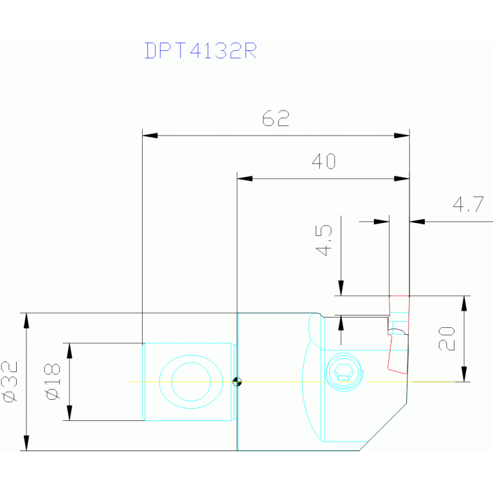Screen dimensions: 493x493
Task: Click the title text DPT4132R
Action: point(201,51)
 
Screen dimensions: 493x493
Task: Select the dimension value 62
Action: point(276,119)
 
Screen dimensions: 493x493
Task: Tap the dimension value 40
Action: point(323,162)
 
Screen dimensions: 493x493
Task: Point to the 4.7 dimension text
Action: point(467,206)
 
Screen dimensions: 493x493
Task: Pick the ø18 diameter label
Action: point(53,382)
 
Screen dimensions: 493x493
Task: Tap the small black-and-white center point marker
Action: point(237,382)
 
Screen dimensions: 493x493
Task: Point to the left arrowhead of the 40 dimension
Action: point(245,179)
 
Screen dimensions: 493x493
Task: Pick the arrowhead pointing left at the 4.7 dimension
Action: point(417,222)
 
